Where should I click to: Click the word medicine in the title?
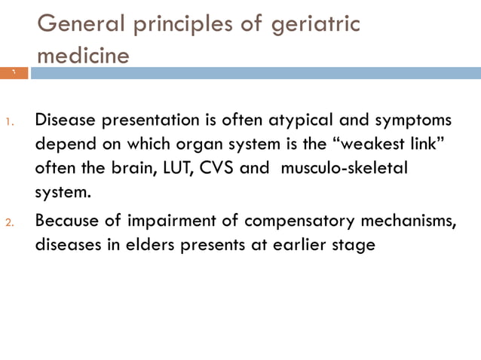(83, 56)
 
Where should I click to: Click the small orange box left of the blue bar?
(14, 73)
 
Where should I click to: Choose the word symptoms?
(414, 120)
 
